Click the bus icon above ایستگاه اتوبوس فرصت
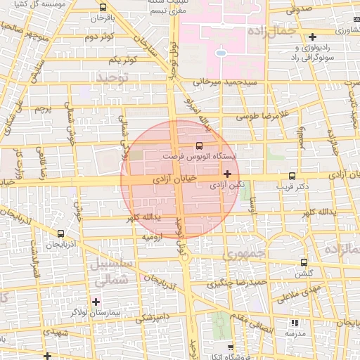pos(199,145)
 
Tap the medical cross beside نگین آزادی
pos(226,173)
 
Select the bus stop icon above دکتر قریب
pos(292,176)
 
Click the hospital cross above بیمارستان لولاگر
pos(96,302)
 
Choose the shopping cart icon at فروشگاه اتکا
pos(231,348)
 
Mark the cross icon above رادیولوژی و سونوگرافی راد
pos(312,37)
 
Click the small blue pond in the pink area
pos(221,52)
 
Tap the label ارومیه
pos(153,237)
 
